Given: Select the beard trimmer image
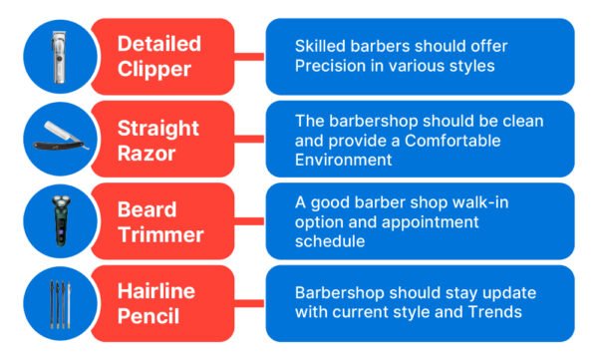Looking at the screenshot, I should (x=61, y=218).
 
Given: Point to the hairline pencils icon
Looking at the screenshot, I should (x=61, y=301).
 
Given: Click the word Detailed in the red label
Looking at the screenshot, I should (x=158, y=43).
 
